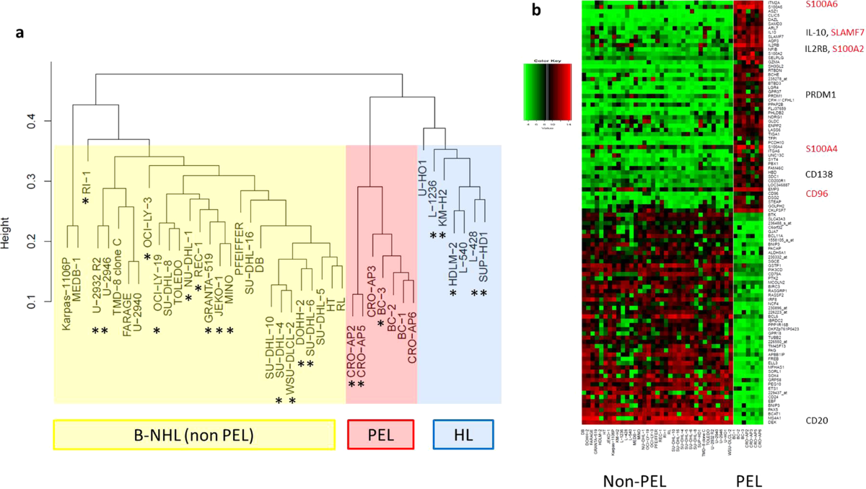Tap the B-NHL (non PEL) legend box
click(193, 435)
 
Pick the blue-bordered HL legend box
click(462, 435)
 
